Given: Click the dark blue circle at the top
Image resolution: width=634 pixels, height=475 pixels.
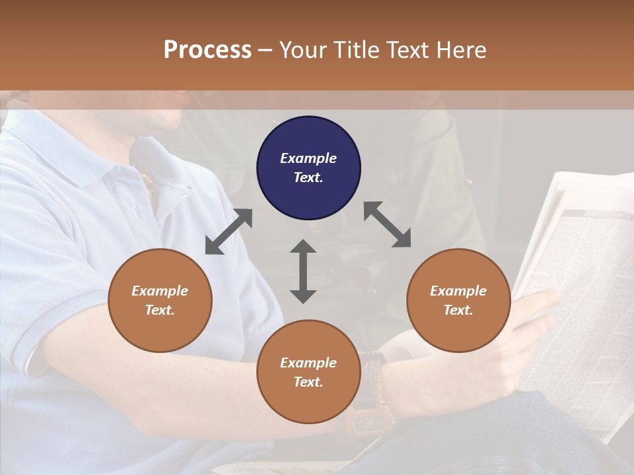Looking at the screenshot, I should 308,168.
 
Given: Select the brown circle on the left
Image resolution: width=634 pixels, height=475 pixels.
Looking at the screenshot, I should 160,300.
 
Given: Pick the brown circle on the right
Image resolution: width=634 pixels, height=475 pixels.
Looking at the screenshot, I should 458,300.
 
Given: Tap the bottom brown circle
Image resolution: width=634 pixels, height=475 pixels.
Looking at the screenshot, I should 308,372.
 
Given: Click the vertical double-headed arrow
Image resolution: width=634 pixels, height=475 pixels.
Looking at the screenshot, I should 303,271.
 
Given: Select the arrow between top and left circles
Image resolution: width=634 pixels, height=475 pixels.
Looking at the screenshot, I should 229,232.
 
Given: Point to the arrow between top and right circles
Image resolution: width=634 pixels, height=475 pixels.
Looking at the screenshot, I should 388,224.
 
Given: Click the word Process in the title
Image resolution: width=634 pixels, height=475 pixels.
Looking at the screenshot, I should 207,50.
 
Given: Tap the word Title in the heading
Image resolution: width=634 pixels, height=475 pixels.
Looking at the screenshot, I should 357,50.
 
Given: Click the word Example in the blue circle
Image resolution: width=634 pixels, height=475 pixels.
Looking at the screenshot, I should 308,158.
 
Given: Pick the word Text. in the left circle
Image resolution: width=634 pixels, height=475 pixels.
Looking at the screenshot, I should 160,310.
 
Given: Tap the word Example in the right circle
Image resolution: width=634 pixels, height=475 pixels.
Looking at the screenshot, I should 458,291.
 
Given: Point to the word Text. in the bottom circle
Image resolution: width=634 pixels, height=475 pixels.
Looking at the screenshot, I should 308,382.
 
